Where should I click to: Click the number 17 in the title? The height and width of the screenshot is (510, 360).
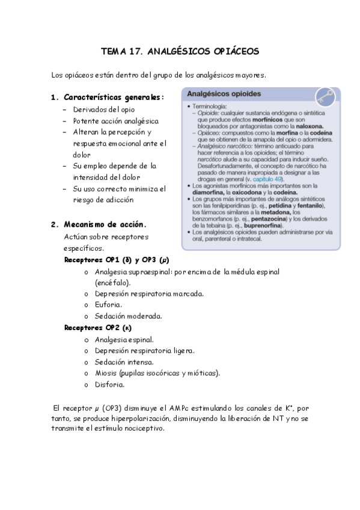click(x=135, y=52)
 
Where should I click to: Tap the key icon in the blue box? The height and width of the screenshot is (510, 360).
click(x=326, y=97)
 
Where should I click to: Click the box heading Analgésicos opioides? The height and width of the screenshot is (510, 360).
click(x=224, y=94)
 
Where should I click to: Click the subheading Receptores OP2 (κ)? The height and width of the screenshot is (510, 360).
click(x=98, y=328)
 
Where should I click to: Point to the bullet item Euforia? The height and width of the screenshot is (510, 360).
click(x=108, y=304)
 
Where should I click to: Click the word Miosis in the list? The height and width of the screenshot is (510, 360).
click(x=106, y=373)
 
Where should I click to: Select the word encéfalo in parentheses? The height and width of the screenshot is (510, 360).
click(x=112, y=282)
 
